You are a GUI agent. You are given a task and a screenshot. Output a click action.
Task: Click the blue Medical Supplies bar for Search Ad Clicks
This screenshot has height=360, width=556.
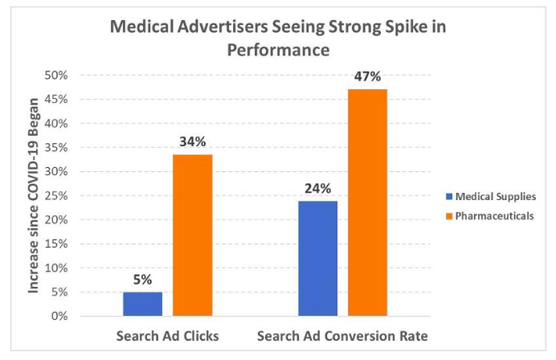[x=142, y=304]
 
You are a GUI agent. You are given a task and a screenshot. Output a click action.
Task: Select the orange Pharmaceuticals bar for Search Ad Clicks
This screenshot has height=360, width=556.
[x=193, y=235]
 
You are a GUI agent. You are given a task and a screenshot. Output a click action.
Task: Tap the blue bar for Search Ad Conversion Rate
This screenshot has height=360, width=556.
[x=317, y=259]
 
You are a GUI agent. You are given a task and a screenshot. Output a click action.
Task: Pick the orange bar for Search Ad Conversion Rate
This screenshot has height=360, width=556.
[x=367, y=202]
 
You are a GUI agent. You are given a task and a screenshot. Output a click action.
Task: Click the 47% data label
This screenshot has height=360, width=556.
[x=367, y=76]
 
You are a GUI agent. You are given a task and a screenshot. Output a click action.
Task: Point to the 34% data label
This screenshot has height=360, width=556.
[x=193, y=141]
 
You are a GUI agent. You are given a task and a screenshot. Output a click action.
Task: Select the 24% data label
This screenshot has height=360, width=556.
[x=317, y=188]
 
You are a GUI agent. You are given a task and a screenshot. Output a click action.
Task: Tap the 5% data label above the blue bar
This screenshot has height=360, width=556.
[x=142, y=280]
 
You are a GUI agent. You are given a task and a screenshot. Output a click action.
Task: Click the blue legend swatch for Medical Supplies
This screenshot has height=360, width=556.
[x=449, y=196]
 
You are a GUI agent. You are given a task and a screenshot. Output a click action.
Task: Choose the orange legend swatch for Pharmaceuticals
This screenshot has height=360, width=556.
[x=449, y=215]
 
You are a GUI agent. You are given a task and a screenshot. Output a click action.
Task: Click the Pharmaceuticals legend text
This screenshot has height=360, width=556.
[x=495, y=215]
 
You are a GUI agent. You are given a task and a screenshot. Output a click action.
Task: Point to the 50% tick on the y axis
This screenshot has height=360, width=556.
[x=55, y=76]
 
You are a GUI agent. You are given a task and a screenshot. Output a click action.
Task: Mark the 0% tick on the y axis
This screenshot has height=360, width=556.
[x=59, y=316]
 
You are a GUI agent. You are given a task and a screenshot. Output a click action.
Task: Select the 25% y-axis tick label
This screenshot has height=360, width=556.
[x=55, y=195]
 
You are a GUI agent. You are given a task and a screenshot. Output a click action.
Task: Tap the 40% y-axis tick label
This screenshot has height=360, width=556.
[x=55, y=124]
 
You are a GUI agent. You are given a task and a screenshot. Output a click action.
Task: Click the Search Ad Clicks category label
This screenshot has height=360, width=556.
[x=167, y=336]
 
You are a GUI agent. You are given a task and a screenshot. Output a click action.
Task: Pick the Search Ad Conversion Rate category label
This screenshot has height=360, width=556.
[x=342, y=336]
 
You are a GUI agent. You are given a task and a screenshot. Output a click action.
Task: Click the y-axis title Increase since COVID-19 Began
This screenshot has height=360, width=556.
[x=33, y=195]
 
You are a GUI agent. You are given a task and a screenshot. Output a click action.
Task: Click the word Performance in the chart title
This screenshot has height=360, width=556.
[x=278, y=50]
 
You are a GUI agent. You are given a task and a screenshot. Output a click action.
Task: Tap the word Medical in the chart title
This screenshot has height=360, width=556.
[x=142, y=27]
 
